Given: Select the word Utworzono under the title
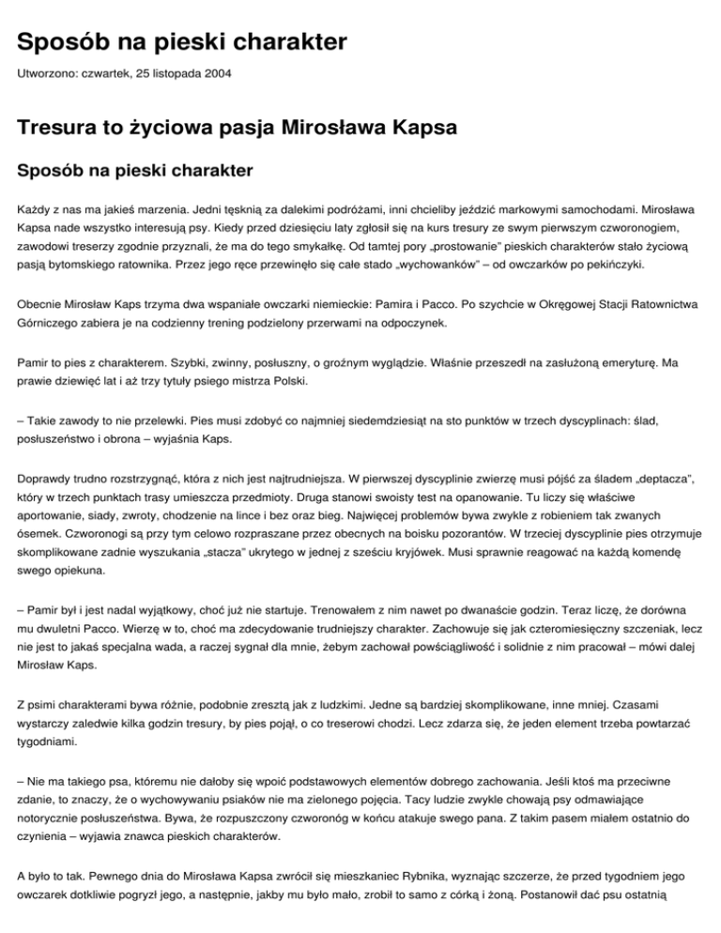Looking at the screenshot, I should pos(47,72).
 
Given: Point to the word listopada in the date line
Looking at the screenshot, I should pos(163,72).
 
